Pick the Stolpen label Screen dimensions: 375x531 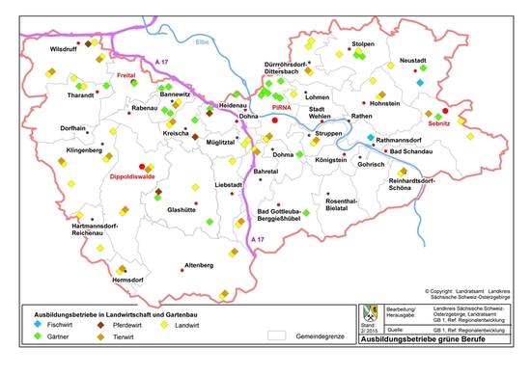363,44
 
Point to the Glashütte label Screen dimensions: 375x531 182,209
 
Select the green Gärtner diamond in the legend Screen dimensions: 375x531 28,338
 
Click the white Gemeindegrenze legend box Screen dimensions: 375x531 279,336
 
